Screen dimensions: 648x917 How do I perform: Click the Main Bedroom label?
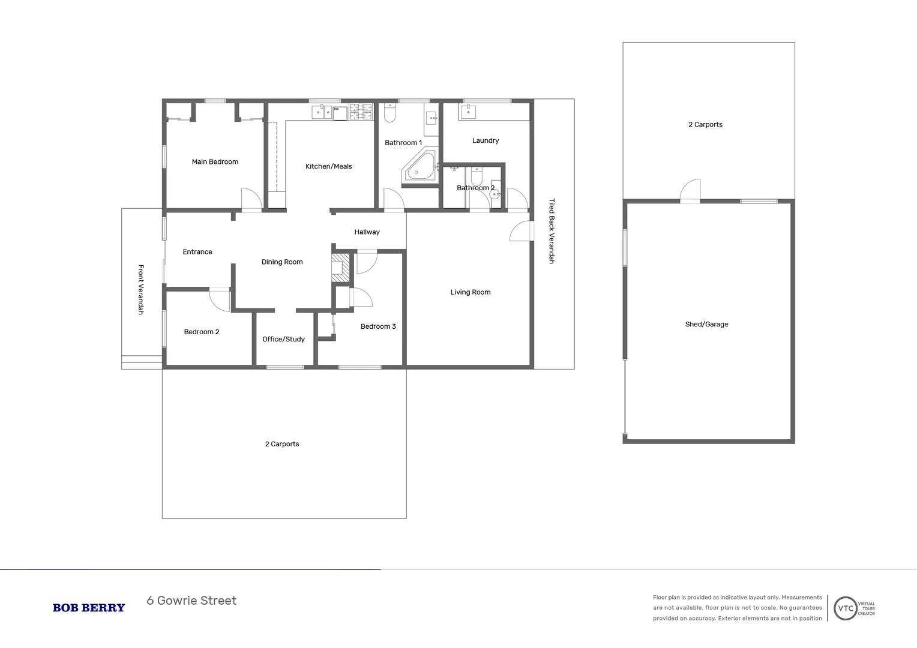click(x=215, y=162)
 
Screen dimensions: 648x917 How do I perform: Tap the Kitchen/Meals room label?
click(x=329, y=167)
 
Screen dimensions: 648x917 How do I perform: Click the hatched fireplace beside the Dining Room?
click(x=340, y=268)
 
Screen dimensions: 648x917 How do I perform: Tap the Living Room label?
click(x=471, y=293)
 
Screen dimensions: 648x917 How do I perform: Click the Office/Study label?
click(x=283, y=340)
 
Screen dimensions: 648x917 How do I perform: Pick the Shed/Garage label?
click(x=706, y=325)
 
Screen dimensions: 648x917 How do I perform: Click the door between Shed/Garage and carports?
click(x=691, y=191)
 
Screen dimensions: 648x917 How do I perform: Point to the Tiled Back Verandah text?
click(x=552, y=232)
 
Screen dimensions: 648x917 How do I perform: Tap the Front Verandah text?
click(x=141, y=290)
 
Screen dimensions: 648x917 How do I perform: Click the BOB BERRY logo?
click(x=89, y=608)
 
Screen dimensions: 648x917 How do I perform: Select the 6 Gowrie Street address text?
click(x=191, y=601)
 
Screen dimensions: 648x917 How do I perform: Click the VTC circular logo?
click(x=845, y=608)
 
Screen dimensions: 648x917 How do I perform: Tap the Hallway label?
click(x=367, y=232)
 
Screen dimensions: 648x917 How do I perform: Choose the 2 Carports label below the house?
click(x=282, y=445)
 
